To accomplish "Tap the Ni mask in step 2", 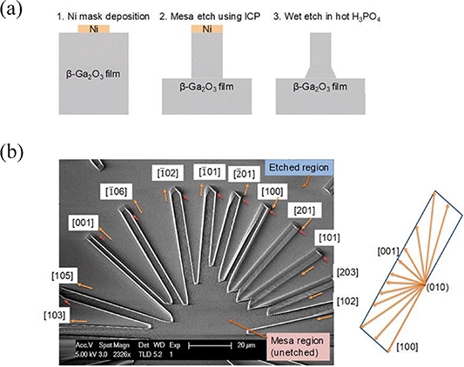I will coord(206,29).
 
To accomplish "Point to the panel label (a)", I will coord(16,12).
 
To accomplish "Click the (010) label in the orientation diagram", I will coord(438,284).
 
